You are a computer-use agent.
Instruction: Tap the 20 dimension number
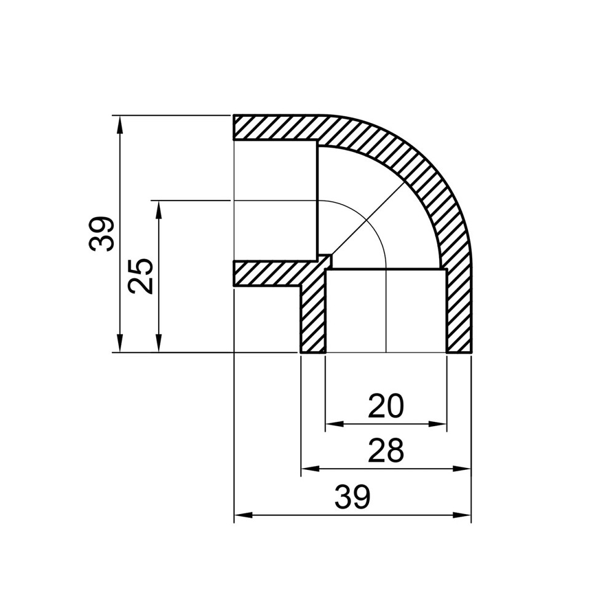point(386,407)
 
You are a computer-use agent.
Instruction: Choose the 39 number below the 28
point(352,498)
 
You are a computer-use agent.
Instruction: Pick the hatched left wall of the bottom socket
point(312,320)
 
